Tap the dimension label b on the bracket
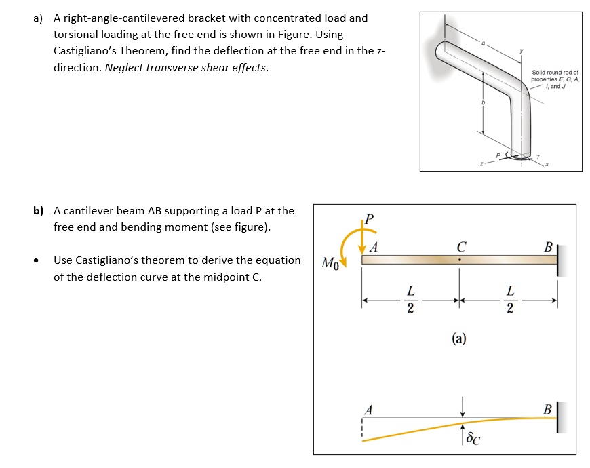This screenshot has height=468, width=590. [x=483, y=102]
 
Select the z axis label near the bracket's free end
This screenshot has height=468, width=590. [x=481, y=164]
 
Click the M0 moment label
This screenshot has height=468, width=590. [x=329, y=262]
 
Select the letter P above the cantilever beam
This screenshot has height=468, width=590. [x=369, y=218]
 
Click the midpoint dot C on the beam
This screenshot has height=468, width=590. [x=460, y=259]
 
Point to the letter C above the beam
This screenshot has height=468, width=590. [x=460, y=247]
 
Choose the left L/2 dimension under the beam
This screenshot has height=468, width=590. [x=410, y=299]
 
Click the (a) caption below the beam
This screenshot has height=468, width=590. [x=460, y=340]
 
